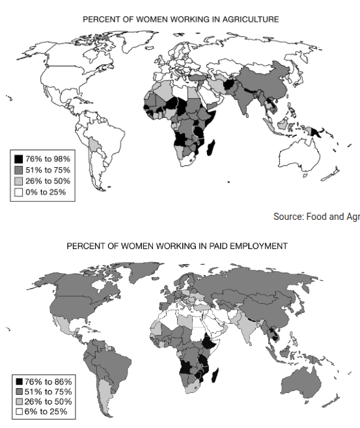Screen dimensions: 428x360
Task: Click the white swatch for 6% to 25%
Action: click(x=19, y=412)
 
